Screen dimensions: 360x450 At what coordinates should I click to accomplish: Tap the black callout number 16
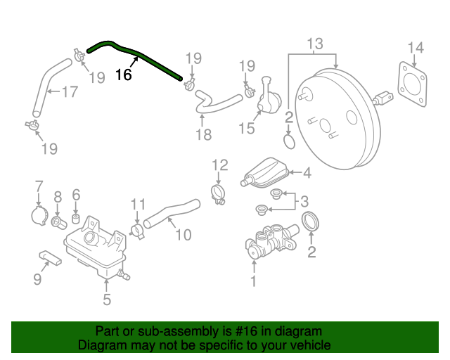coord(123,75)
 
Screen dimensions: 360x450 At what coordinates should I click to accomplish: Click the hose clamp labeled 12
coord(218,192)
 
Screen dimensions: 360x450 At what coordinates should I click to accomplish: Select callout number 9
coord(37,280)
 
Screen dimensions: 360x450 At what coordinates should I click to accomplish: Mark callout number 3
coord(304,202)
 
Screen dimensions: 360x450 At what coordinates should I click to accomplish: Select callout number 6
coord(77,194)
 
